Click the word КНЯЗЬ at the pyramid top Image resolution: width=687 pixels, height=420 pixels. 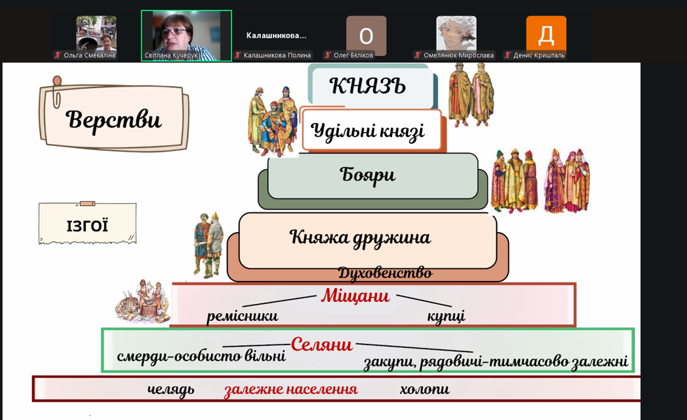coord(367,85)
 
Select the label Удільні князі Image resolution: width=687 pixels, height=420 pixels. coord(368,131)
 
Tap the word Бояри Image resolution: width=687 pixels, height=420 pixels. coord(368,175)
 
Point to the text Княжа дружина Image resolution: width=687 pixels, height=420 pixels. coord(360,238)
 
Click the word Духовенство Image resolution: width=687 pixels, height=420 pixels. coord(385,273)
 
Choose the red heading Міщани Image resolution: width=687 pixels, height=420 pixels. coord(355,296)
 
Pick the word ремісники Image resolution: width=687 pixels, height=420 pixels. coord(243,316)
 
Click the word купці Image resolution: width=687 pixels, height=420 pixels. coord(446,316)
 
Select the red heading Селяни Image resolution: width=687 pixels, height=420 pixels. coord(321,345)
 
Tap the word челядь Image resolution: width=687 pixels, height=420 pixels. coord(171,389)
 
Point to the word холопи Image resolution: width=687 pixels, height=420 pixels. coord(424,389)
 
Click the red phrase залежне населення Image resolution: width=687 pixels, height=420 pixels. coord(291,389)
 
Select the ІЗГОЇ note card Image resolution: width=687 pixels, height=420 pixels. coord(87,223)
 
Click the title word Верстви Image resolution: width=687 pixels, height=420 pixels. coord(113,119)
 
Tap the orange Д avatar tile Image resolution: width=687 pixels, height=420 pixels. coord(546,35)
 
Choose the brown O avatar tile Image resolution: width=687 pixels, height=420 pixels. coord(366,35)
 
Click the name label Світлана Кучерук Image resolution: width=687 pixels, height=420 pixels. coord(171,56)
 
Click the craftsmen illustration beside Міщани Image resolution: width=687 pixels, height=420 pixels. coord(142,301)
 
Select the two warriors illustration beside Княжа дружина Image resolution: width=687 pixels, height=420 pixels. coord(208,245)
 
